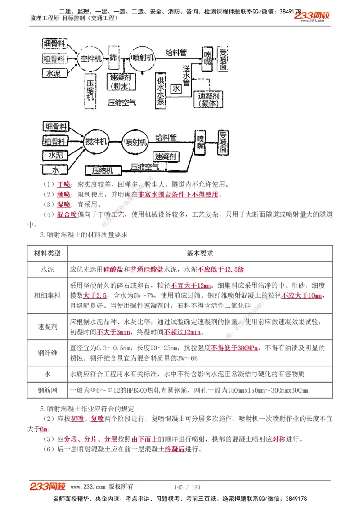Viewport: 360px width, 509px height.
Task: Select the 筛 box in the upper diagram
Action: pyautogui.click(x=113, y=58)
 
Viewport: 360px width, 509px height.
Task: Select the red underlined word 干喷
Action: pyautogui.click(x=64, y=184)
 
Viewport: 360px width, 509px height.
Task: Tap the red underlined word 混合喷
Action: pyautogui.click(x=67, y=214)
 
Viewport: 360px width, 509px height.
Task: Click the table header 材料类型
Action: pyautogui.click(x=47, y=253)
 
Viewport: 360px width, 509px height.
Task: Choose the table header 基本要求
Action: pyautogui.click(x=200, y=253)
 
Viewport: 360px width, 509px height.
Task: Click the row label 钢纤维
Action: pyautogui.click(x=47, y=353)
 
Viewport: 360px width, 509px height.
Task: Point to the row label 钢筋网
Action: pyautogui.click(x=47, y=390)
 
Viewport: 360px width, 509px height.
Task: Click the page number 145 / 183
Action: pyautogui.click(x=187, y=487)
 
